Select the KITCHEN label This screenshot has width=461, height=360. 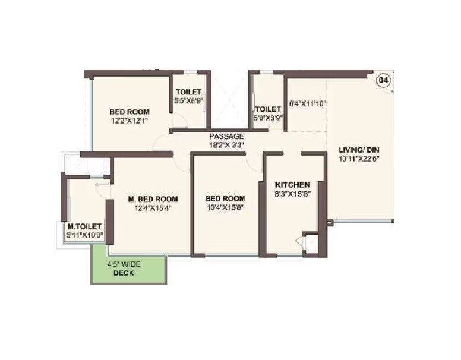click(x=292, y=185)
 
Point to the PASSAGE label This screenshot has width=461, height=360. click(x=227, y=136)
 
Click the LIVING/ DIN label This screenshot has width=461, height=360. click(x=358, y=149)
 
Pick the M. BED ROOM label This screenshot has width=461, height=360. click(x=153, y=198)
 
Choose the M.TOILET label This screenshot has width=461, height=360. click(x=85, y=226)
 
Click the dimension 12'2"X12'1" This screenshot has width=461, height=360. click(x=128, y=121)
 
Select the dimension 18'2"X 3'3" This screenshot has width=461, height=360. click(x=226, y=144)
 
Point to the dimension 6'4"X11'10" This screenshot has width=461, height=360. click(x=308, y=103)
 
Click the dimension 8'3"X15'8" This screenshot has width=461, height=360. click(x=292, y=194)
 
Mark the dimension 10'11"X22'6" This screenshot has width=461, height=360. click(x=358, y=158)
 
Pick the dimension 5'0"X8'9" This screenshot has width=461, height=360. click(x=267, y=118)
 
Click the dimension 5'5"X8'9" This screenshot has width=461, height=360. click(x=188, y=100)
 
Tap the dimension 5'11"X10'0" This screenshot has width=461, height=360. click(x=85, y=235)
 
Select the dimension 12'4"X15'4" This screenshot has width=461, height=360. click(x=153, y=207)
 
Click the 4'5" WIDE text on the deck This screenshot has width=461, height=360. click(x=124, y=264)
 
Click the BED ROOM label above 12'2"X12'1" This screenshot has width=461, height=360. click(x=129, y=111)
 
